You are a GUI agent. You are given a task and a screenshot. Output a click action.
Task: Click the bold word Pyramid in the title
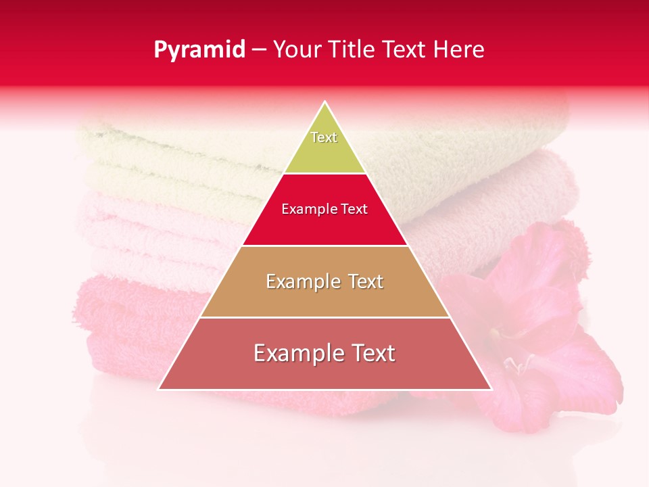point(199,50)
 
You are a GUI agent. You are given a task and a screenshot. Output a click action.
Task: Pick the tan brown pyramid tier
point(324,298)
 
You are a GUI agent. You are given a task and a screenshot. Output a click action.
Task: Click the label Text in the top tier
point(324,137)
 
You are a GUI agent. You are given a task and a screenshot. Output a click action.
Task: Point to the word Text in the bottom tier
point(372,353)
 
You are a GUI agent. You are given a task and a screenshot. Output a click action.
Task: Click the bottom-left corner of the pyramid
point(159,389)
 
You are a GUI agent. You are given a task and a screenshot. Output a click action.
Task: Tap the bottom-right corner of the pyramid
point(491,389)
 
